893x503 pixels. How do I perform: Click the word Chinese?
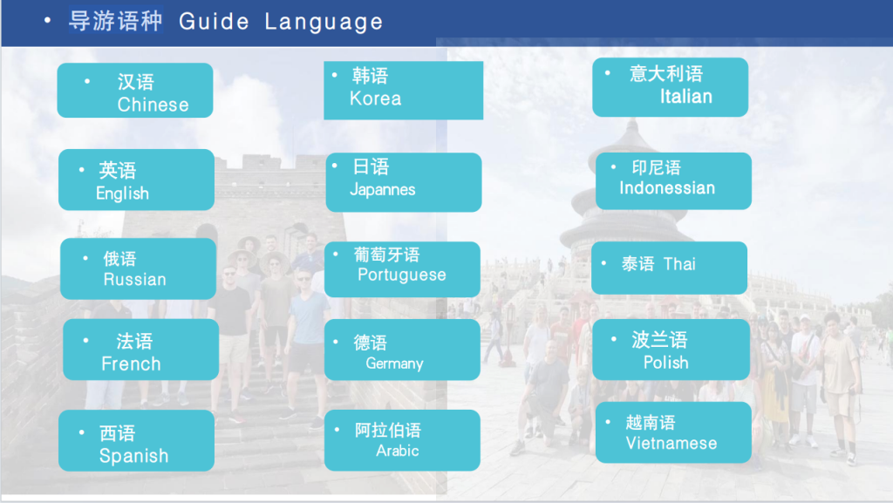click(153, 105)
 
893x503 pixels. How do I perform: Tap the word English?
click(122, 194)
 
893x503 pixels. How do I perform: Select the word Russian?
click(134, 280)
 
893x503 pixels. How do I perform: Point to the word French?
click(131, 364)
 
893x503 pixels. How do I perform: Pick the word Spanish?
click(133, 456)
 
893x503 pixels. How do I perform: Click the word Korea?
click(375, 99)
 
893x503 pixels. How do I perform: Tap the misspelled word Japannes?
click(382, 189)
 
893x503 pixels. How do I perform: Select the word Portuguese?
click(401, 275)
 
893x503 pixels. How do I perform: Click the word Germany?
click(394, 364)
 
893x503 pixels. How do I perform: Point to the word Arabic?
click(397, 451)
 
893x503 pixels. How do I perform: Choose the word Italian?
click(685, 97)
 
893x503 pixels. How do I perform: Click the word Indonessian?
click(666, 188)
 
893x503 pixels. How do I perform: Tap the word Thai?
click(679, 264)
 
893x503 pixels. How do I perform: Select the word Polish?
click(665, 363)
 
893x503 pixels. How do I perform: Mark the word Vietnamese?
click(671, 444)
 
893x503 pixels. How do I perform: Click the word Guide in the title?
click(215, 23)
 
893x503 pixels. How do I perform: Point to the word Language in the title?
click(324, 23)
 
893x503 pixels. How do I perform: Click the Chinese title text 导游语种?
click(115, 21)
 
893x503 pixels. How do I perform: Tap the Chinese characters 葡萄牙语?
click(386, 255)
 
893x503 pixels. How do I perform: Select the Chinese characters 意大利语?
click(665, 74)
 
